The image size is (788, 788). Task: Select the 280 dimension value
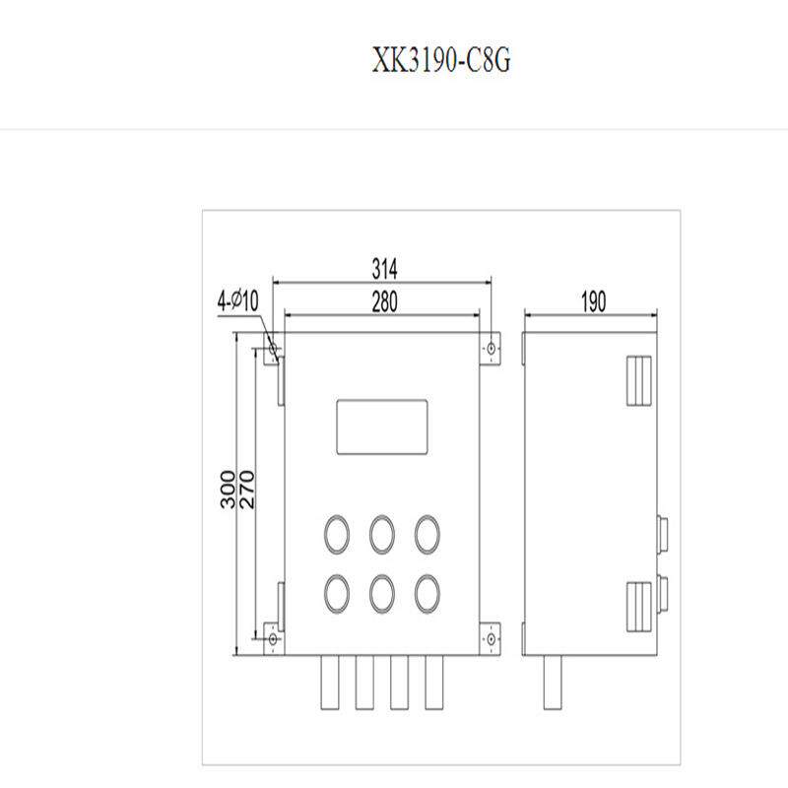384,302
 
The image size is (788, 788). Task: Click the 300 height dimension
228,490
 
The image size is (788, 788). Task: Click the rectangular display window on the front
382,427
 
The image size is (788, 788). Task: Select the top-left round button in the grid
337,533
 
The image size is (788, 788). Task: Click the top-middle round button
382,533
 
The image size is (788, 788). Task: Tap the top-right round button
427,533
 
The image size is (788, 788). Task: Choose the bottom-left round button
337,592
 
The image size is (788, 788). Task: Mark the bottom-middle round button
382,592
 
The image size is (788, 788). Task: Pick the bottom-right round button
427,592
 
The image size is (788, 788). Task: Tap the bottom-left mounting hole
272,639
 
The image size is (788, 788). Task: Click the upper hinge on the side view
639,379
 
